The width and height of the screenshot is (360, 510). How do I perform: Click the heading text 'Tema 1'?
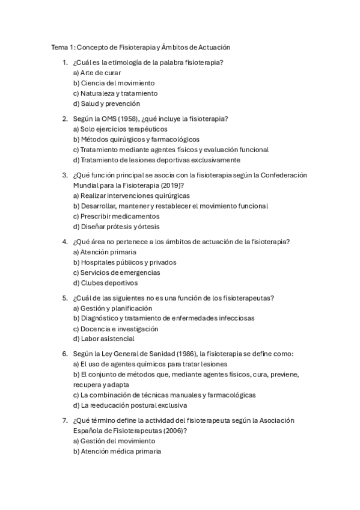[63, 47]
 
